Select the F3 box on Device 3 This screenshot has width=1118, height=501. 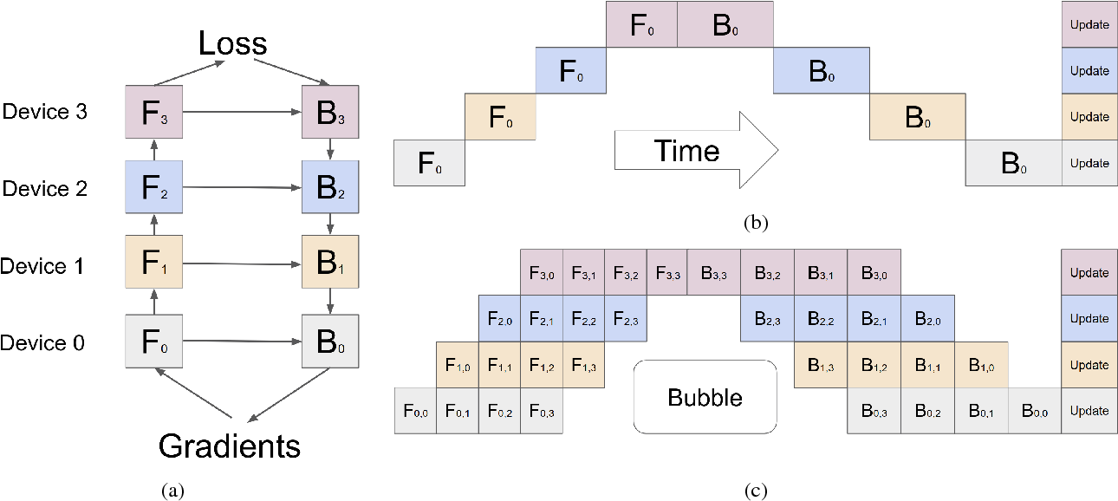[153, 114]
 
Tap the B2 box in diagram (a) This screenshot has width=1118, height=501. [328, 188]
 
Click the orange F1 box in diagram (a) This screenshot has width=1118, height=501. [153, 263]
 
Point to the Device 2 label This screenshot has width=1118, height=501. [44, 188]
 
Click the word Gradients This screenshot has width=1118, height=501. [230, 446]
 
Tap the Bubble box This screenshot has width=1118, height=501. [705, 397]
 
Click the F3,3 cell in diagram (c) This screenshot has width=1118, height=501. [666, 272]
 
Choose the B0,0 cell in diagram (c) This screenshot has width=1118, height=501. [1034, 412]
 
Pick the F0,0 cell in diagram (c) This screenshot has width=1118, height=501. [414, 412]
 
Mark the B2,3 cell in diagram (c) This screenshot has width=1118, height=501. [766, 318]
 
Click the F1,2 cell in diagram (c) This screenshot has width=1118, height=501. [542, 365]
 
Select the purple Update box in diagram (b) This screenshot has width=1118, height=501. [1089, 24]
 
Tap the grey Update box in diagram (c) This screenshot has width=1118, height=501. [1089, 411]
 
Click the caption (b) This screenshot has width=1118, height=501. [756, 223]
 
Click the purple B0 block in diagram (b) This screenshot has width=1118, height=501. [725, 24]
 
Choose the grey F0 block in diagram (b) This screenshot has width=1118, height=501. [429, 163]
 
